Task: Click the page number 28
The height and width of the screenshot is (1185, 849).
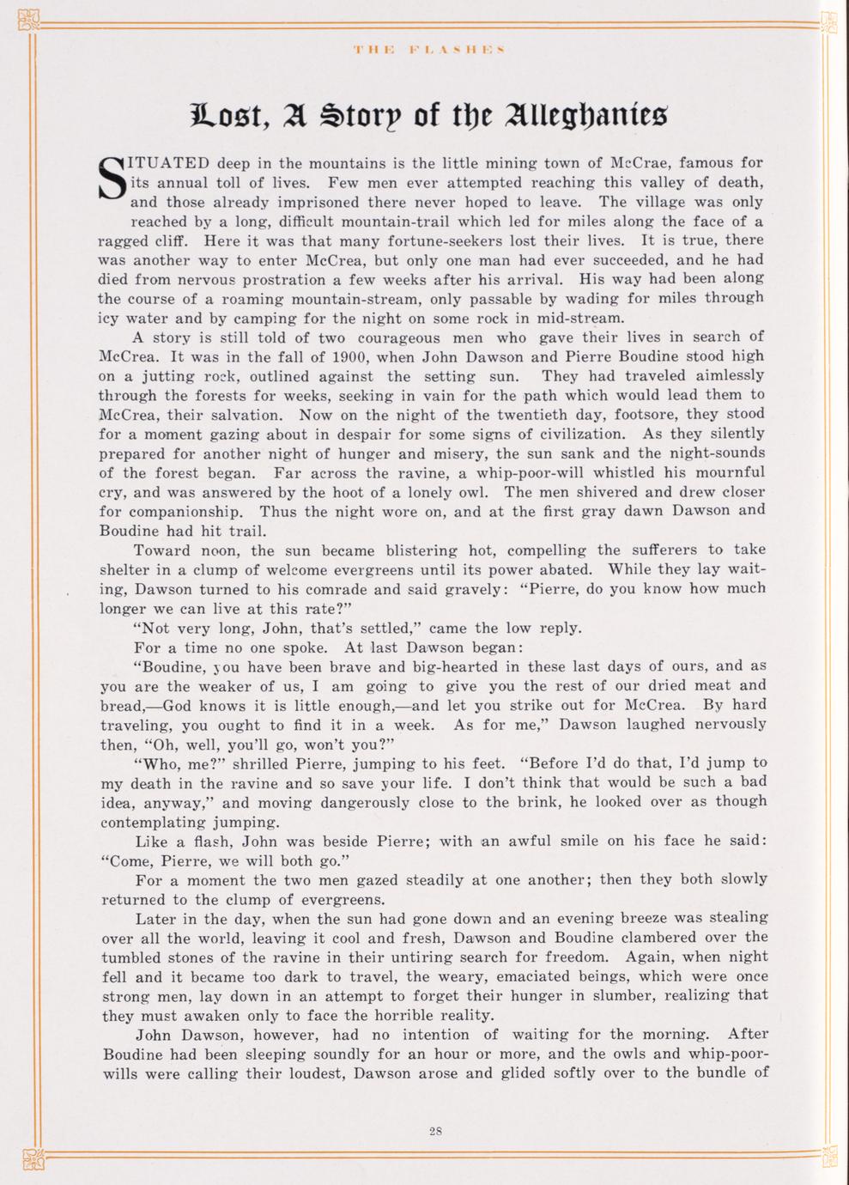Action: [435, 1131]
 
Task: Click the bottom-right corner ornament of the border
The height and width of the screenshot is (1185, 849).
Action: [828, 1159]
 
